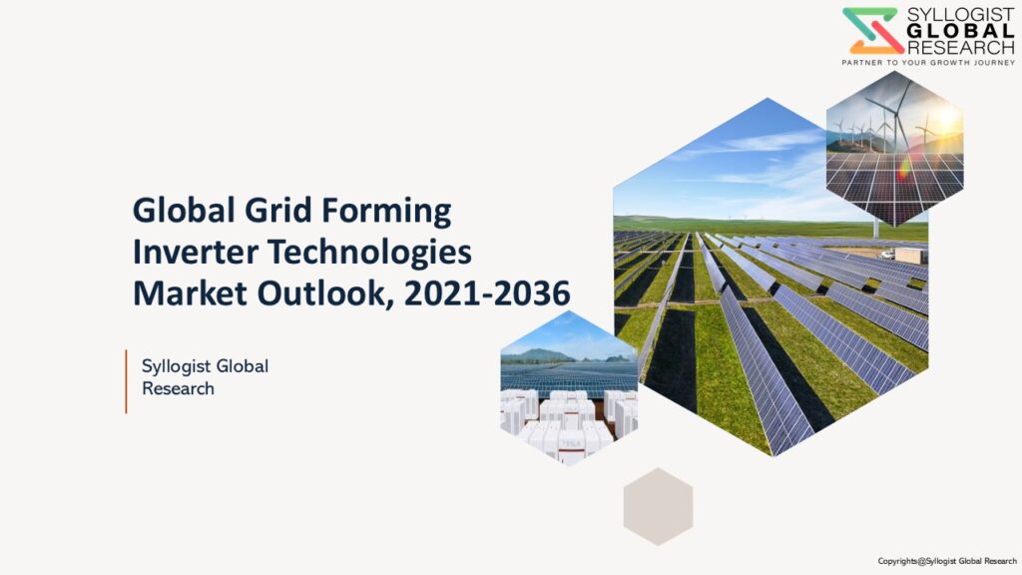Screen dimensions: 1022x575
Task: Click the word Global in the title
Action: [x=184, y=211]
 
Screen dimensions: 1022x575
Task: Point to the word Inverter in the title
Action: [x=196, y=252]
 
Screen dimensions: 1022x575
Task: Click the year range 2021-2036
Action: [x=487, y=293]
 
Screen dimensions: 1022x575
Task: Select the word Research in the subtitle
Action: [x=178, y=388]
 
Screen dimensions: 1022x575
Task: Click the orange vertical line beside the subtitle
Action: [x=126, y=381]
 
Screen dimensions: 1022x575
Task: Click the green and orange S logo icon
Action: [x=872, y=31]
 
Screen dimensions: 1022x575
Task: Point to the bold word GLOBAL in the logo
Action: [x=961, y=31]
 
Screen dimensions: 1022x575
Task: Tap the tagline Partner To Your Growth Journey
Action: [x=928, y=63]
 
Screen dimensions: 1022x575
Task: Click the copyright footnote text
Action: [x=947, y=561]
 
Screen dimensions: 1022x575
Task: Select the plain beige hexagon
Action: [x=659, y=506]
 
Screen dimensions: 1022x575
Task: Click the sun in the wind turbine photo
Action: [x=945, y=119]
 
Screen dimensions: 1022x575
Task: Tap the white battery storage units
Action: [x=568, y=422]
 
